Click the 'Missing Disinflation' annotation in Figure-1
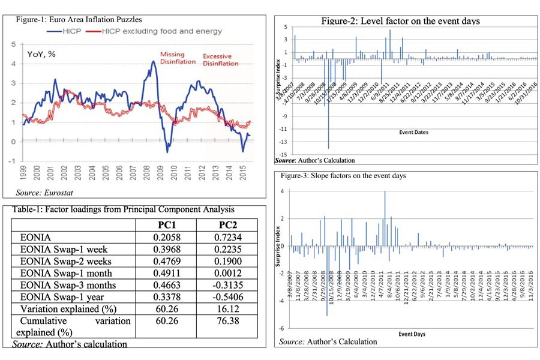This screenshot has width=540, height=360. tap(172, 58)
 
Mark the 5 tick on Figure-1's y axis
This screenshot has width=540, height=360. tap(14, 44)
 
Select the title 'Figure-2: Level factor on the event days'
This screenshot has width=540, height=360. tap(400, 21)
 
